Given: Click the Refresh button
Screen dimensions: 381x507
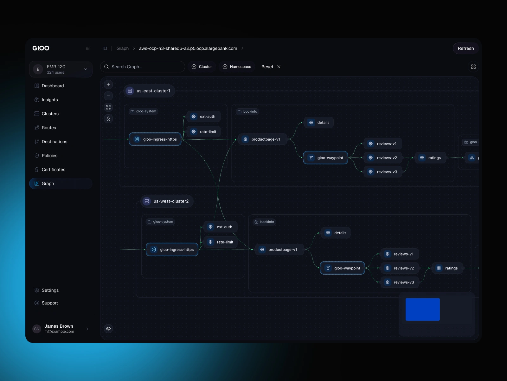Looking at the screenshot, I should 465,48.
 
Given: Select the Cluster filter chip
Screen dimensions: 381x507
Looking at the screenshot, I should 202,67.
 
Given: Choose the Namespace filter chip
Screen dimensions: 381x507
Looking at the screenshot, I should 237,67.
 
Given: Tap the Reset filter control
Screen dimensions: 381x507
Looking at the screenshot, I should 271,67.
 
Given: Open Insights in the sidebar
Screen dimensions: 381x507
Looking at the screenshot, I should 50,100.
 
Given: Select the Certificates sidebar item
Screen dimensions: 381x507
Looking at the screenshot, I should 53,170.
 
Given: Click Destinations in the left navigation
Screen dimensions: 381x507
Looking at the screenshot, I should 54,142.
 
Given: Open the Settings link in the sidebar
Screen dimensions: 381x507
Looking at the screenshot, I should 50,290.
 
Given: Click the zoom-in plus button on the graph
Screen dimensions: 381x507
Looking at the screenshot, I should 108,84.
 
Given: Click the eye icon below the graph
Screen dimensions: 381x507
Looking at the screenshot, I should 108,329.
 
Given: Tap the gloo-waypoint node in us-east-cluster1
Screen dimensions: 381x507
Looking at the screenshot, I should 325,158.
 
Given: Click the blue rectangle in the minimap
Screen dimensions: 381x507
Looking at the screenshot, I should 422,309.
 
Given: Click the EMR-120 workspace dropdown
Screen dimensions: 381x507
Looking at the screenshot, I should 61,69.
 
